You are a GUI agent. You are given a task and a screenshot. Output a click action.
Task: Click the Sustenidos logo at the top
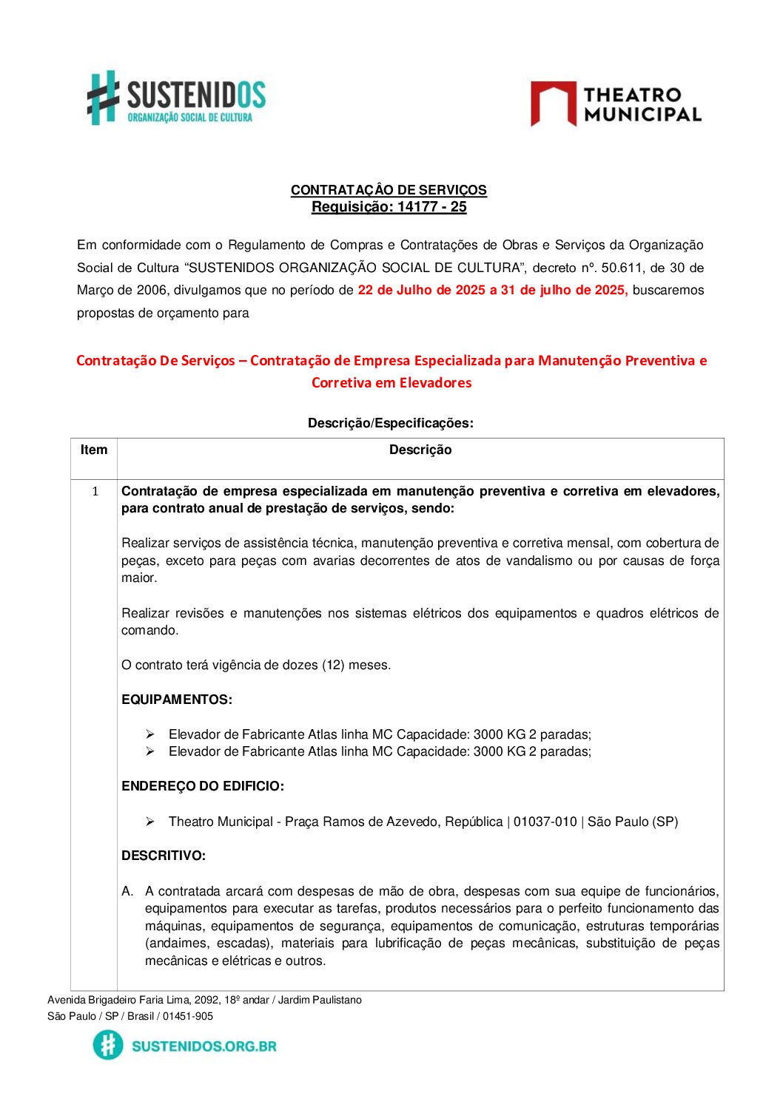[176, 98]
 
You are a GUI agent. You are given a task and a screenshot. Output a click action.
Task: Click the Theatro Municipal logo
[615, 104]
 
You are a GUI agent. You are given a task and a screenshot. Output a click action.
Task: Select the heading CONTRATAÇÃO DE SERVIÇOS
[389, 190]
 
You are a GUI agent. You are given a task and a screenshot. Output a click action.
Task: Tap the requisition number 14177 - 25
[431, 207]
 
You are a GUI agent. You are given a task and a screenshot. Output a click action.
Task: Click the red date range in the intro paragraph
[492, 290]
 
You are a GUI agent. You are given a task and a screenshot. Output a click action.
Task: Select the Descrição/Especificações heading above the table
[390, 423]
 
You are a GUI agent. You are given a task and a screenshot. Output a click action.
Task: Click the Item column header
[94, 450]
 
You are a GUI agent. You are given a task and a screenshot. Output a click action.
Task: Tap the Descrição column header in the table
[420, 450]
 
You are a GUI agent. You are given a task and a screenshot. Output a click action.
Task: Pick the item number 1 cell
[95, 492]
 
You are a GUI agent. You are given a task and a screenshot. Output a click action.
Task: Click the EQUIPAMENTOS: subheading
[177, 700]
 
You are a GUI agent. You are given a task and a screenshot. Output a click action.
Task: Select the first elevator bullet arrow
[150, 734]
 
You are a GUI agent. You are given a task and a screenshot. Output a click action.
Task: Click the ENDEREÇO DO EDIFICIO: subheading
[203, 786]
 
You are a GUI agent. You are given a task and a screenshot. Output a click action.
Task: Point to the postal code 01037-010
[545, 822]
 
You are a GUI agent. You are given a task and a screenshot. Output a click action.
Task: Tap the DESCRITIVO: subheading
[164, 856]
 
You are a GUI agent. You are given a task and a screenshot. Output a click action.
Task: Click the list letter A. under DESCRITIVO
[127, 891]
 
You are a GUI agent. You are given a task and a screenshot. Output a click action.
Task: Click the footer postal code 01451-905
[188, 1016]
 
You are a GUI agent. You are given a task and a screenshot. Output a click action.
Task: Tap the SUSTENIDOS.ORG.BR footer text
[204, 1046]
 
